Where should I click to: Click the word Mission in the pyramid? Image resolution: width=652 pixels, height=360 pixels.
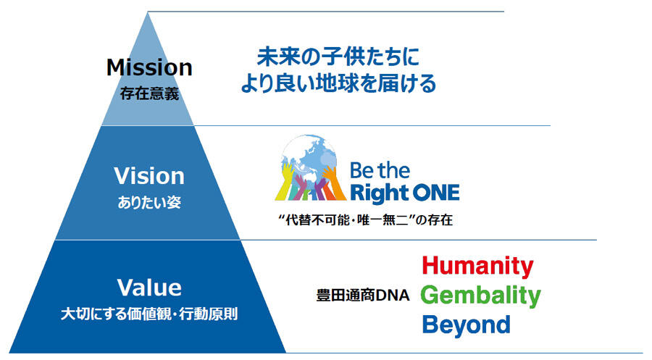coord(149,67)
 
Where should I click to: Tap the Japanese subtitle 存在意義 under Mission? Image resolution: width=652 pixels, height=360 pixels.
coord(149,93)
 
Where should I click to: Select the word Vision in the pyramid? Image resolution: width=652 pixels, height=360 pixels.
coord(149,176)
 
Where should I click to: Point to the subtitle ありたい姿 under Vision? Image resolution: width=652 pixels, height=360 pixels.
coord(149,202)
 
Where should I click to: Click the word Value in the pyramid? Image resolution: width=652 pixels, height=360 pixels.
coord(149,288)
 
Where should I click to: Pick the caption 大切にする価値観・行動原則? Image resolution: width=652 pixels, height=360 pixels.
coord(149,314)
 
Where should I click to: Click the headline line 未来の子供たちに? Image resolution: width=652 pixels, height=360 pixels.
coord(338,57)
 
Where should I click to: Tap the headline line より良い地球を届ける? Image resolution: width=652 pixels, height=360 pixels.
coord(338,83)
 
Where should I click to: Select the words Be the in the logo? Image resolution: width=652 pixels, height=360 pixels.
coord(380,171)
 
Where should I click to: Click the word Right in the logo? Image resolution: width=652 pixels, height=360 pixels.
coord(376,193)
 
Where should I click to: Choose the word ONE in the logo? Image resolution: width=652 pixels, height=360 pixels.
coord(433,193)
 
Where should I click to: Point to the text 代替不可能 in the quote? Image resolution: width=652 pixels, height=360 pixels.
coord(318,219)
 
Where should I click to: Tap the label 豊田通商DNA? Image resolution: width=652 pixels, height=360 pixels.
coord(363,295)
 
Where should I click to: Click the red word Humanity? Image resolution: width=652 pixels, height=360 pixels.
coord(478,266)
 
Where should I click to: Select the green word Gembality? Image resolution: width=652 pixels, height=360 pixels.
coord(481,295)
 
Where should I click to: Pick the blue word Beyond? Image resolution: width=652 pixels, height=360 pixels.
coord(466,325)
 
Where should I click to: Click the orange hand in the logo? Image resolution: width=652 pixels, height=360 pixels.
coord(335,183)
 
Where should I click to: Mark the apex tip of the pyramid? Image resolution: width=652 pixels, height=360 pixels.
coord(148,12)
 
